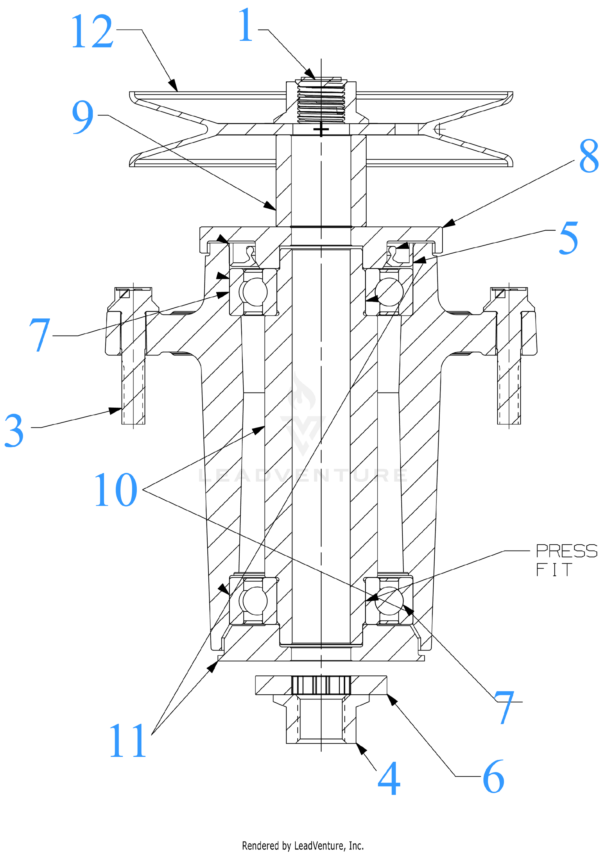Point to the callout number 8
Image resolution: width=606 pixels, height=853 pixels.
(x=589, y=156)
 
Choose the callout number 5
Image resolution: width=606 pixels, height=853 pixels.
(x=569, y=238)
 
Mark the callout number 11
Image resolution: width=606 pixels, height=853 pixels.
(x=128, y=740)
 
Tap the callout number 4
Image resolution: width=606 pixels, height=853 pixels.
(x=389, y=778)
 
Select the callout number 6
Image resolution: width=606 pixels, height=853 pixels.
(x=494, y=777)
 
